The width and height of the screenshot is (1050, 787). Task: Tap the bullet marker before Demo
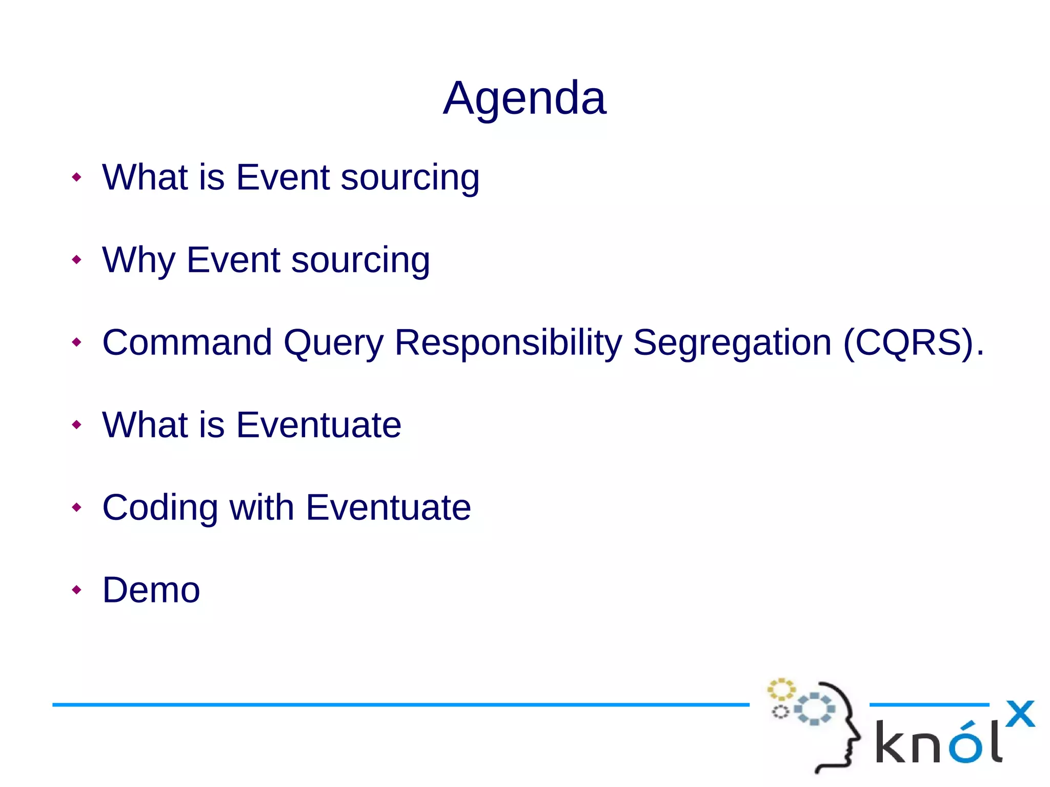(x=76, y=590)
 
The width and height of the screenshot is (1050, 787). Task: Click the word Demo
(x=151, y=590)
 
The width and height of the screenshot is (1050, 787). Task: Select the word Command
(x=187, y=342)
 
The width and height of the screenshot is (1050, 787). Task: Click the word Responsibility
(x=508, y=342)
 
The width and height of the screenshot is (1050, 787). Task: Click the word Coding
(x=159, y=508)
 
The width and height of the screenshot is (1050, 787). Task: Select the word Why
(x=138, y=260)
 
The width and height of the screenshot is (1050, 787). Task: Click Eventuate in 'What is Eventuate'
(x=318, y=425)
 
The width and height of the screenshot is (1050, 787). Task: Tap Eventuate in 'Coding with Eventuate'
(x=388, y=508)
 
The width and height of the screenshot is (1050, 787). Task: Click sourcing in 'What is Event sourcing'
(x=410, y=178)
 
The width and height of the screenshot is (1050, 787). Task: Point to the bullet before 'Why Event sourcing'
(x=76, y=259)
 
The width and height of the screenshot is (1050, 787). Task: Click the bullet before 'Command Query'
(x=76, y=342)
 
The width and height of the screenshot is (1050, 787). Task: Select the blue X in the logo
(x=1020, y=714)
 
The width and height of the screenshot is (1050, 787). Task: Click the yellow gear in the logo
(x=781, y=690)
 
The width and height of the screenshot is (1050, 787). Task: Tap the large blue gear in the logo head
(x=814, y=709)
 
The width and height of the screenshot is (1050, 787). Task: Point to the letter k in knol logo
(x=891, y=742)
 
